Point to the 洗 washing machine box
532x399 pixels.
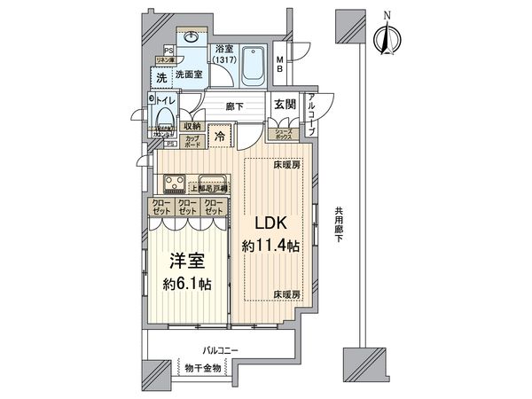click(x=161, y=79)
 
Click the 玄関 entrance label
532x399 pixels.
click(x=284, y=104)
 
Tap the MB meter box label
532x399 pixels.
click(x=279, y=65)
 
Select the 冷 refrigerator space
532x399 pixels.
click(x=221, y=138)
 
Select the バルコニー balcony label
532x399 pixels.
click(x=220, y=352)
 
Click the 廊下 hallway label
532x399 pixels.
click(x=234, y=104)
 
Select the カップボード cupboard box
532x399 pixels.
click(x=192, y=142)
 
